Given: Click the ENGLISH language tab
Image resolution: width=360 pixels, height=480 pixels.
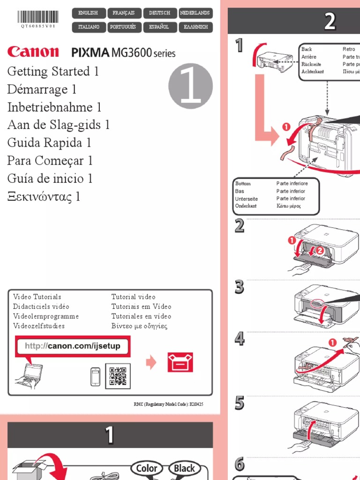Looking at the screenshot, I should click(x=88, y=13).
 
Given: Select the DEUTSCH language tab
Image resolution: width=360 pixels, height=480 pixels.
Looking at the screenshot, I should click(x=159, y=13).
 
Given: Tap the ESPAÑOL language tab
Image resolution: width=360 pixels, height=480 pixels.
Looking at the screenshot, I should click(x=159, y=27).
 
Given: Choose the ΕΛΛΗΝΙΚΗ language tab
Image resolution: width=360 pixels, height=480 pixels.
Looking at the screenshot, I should click(x=195, y=27).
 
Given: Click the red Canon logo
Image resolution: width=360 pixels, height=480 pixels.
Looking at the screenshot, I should click(x=33, y=52).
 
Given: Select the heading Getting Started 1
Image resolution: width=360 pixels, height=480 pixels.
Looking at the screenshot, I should click(x=53, y=72).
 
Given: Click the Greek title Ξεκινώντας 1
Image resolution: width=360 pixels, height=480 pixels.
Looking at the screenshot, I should click(x=44, y=196).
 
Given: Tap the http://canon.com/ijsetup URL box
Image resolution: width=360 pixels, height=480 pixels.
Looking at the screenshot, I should click(x=73, y=346).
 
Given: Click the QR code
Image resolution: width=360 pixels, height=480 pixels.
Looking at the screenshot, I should click(x=118, y=376).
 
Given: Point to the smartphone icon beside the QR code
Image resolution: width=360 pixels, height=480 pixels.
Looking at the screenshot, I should click(x=96, y=377).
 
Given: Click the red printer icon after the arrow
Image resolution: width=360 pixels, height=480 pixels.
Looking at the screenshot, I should click(x=180, y=362).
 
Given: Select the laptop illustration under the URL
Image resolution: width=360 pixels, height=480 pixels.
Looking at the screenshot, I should click(x=29, y=375).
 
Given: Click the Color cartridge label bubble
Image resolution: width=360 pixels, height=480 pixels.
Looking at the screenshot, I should click(x=147, y=468).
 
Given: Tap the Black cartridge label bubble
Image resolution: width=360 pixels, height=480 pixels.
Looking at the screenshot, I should click(x=184, y=468).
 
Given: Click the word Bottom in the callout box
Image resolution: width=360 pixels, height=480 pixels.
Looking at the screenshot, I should click(x=243, y=184).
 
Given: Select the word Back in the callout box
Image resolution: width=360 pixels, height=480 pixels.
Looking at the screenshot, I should click(x=307, y=49).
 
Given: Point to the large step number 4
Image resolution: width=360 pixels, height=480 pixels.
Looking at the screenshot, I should click(x=240, y=338).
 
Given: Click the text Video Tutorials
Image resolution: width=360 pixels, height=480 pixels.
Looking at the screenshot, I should click(x=37, y=297).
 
